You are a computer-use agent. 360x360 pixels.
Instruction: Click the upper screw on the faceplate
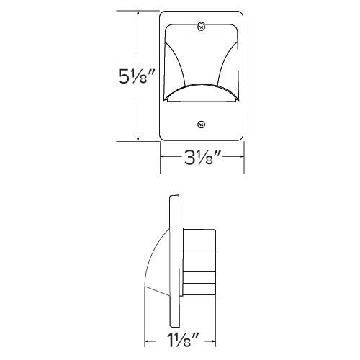(202, 27)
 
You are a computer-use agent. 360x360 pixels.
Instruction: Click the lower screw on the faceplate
(202, 125)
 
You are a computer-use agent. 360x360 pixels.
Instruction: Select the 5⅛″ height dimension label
(136, 76)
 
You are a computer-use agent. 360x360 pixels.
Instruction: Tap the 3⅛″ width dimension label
(202, 157)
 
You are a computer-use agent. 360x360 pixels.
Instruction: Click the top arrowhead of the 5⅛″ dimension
(138, 14)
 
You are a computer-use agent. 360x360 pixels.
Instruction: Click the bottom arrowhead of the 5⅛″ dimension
(138, 138)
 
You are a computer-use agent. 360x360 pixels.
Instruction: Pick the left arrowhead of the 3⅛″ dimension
(163, 157)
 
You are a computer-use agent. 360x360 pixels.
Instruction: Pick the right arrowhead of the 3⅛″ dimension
(240, 157)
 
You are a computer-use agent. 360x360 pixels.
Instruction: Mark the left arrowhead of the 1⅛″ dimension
(148, 341)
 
